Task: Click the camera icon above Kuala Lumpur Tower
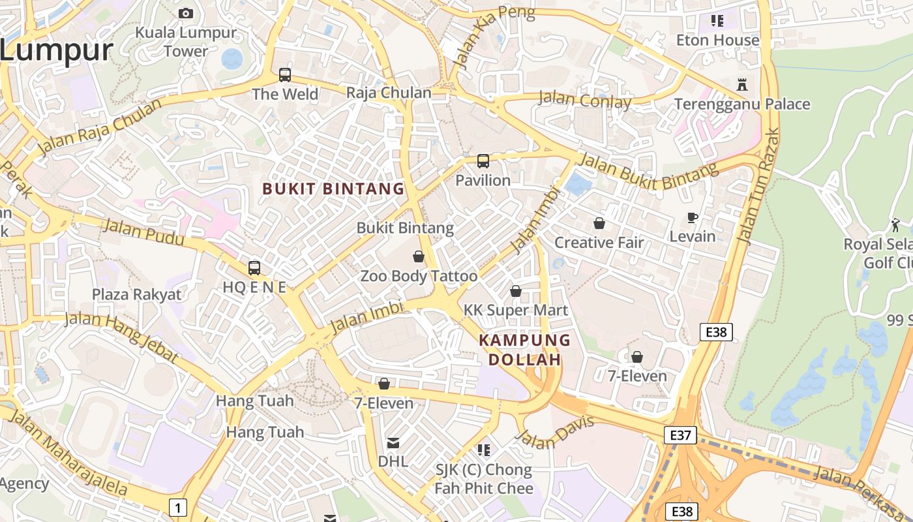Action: pyautogui.click(x=186, y=13)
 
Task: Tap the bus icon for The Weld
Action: pyautogui.click(x=285, y=75)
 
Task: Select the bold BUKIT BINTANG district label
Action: pyautogui.click(x=333, y=189)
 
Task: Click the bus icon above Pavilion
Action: pyautogui.click(x=483, y=161)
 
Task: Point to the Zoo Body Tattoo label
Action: pyautogui.click(x=419, y=276)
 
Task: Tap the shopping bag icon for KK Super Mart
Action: pyautogui.click(x=516, y=291)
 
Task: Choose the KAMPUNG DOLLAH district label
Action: pyautogui.click(x=524, y=350)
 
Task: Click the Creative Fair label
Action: pyautogui.click(x=599, y=243)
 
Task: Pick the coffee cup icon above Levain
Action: pyautogui.click(x=693, y=217)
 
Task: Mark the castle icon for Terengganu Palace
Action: pyautogui.click(x=741, y=84)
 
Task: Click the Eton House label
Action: pyautogui.click(x=717, y=40)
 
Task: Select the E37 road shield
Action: pyautogui.click(x=680, y=435)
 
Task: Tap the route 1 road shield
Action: pyautogui.click(x=177, y=507)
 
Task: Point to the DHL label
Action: pyautogui.click(x=393, y=461)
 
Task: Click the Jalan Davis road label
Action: pyautogui.click(x=556, y=433)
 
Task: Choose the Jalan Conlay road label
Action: pyautogui.click(x=584, y=100)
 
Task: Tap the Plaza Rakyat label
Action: pyautogui.click(x=136, y=294)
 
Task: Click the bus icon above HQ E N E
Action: pyautogui.click(x=254, y=268)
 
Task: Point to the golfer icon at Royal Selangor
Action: pyautogui.click(x=895, y=225)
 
